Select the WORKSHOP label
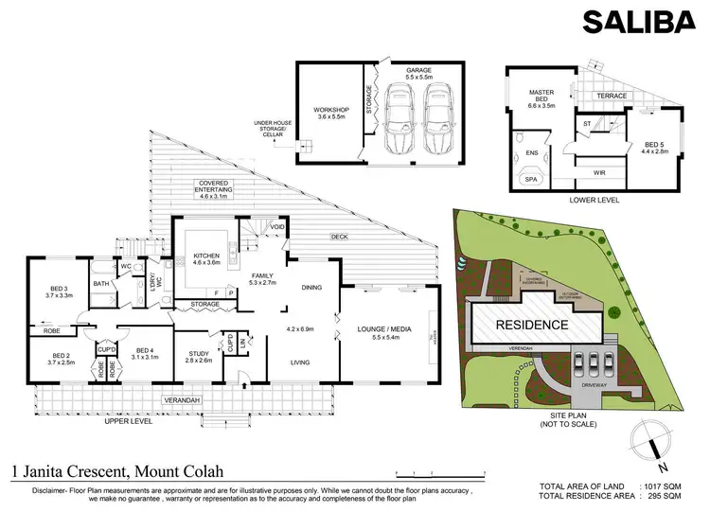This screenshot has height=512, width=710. coord(330,112)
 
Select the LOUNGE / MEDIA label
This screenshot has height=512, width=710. coord(382,328)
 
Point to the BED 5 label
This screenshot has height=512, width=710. coord(654,144)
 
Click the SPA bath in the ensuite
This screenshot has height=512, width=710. coord(531,179)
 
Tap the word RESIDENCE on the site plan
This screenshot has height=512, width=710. coord(532,325)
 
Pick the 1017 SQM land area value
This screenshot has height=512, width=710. coord(664,485)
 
